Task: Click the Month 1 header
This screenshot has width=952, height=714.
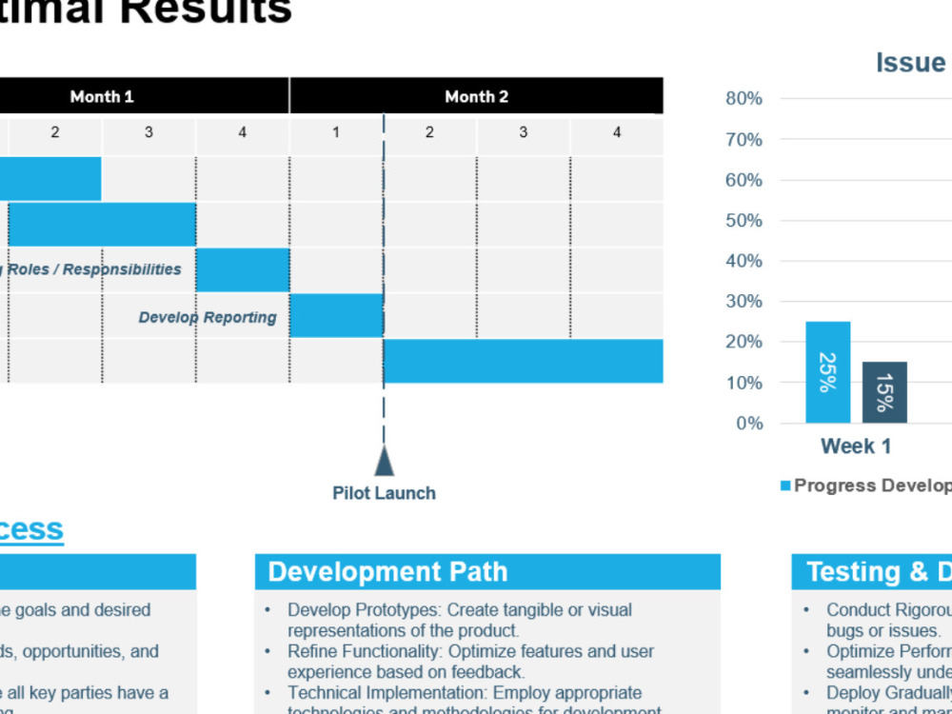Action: pos(102,96)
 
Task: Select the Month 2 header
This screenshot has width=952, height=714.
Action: pos(476,96)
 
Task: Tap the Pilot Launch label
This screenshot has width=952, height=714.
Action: pos(384,493)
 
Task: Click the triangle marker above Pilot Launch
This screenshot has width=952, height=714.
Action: pos(384,462)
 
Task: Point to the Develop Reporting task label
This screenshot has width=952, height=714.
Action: pos(208,317)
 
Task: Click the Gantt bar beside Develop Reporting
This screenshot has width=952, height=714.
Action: pos(336,316)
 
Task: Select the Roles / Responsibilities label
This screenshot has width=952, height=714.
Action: pos(94,269)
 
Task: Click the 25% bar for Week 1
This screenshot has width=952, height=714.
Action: pos(827,372)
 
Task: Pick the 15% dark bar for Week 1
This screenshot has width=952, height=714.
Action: pos(884,392)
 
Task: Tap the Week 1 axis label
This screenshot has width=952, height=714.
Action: pos(856,446)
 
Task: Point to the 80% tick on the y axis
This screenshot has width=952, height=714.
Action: pos(744,98)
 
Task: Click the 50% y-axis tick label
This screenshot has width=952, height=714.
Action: pos(744,221)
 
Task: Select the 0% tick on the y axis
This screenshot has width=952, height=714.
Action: pos(747,423)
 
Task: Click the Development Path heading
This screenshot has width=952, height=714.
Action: pos(387,572)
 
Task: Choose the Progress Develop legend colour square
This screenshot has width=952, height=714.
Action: pos(785,486)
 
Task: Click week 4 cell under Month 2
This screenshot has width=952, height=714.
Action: pos(617,133)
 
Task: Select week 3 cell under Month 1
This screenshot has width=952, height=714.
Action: pos(149,133)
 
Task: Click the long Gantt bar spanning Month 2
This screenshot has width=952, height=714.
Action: pos(523,362)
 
